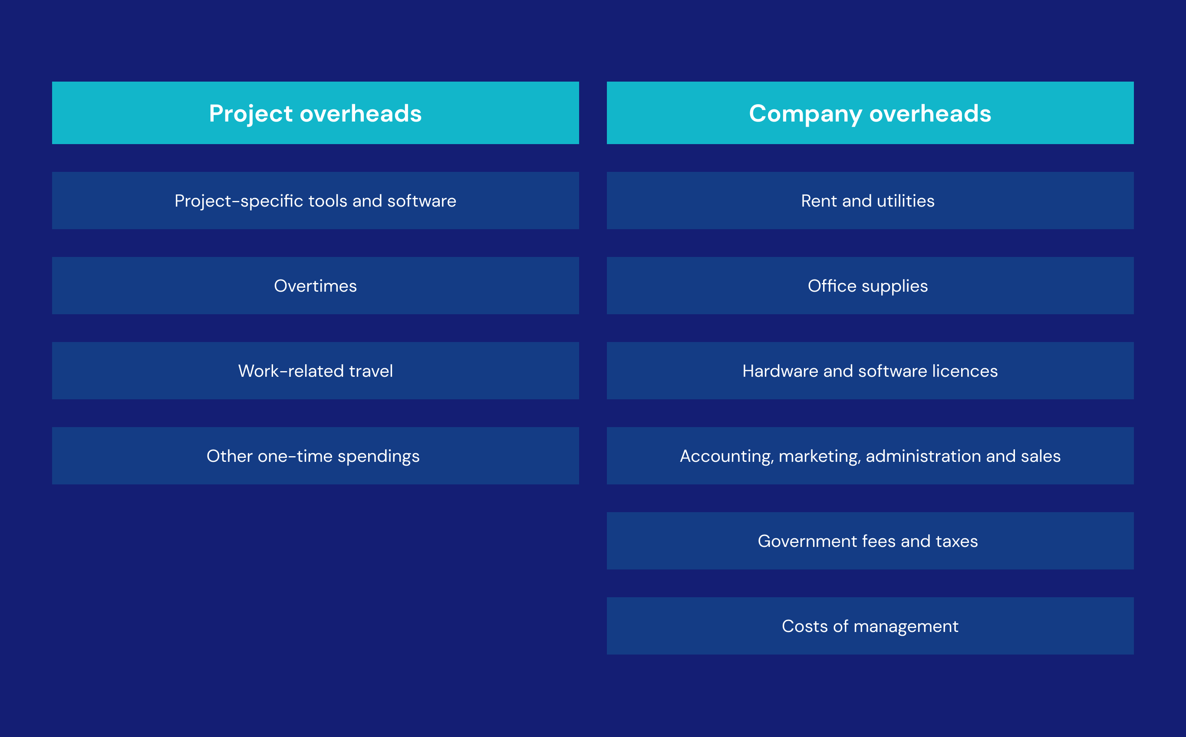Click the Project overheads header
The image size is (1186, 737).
(316, 113)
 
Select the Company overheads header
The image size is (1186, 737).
(870, 113)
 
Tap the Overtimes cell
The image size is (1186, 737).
(316, 286)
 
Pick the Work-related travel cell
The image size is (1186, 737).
(316, 371)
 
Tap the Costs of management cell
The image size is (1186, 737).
(870, 626)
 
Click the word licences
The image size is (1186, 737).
(965, 372)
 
